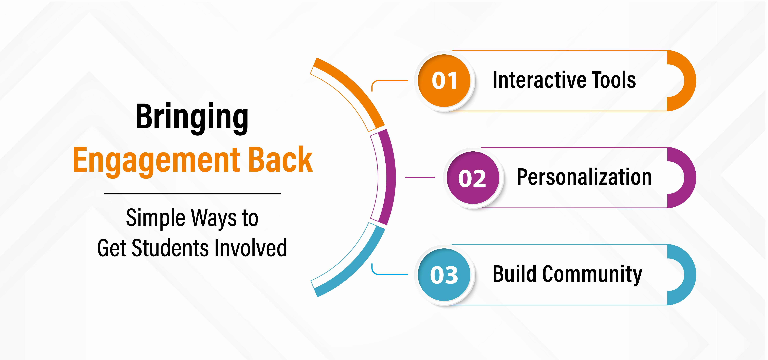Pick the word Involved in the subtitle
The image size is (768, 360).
tap(250, 248)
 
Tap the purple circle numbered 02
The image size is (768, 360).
tap(473, 178)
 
